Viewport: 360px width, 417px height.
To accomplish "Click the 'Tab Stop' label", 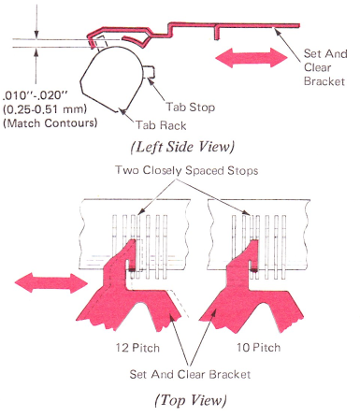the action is pyautogui.click(x=190, y=108).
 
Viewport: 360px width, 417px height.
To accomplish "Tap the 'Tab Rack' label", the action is pyautogui.click(x=161, y=125).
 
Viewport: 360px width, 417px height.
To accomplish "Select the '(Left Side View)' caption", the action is pyautogui.click(x=182, y=147).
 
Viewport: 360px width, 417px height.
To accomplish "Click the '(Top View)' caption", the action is pyautogui.click(x=191, y=400).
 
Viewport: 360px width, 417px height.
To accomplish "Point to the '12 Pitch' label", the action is pyautogui.click(x=137, y=348).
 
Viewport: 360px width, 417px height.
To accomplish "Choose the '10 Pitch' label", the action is pyautogui.click(x=258, y=347).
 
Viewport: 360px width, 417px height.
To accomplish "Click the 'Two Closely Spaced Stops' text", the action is pyautogui.click(x=187, y=170).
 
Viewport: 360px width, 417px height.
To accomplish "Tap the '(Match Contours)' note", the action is pyautogui.click(x=50, y=123).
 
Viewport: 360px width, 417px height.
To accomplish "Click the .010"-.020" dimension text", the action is pyautogui.click(x=35, y=95).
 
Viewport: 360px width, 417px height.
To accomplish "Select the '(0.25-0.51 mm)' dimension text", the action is pyautogui.click(x=45, y=109).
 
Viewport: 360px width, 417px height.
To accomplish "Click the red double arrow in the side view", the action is pyautogui.click(x=252, y=58).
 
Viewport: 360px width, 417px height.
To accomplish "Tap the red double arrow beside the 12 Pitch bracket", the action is pyautogui.click(x=51, y=282).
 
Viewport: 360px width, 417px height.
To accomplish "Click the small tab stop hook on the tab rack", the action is pyautogui.click(x=150, y=72).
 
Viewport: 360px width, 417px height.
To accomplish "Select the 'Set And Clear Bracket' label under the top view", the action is pyautogui.click(x=190, y=374).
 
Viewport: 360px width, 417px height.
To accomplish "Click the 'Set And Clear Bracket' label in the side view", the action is pyautogui.click(x=325, y=67).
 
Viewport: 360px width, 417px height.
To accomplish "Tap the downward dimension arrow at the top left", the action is pyautogui.click(x=36, y=22).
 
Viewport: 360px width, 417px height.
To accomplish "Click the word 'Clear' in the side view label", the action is pyautogui.click(x=318, y=67).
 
